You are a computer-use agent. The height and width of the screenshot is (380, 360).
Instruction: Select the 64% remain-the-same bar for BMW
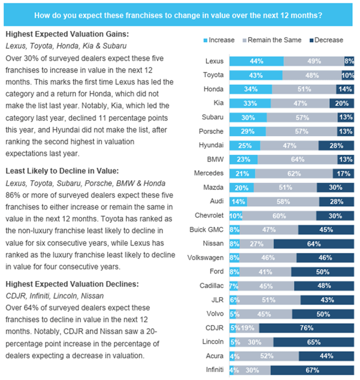(x=302, y=160)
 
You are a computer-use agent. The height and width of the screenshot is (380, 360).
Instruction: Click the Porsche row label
(x=216, y=131)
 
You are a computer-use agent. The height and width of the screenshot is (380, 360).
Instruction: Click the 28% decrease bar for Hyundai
(x=336, y=145)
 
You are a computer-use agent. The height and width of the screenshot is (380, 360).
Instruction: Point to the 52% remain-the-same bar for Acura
(x=274, y=356)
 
